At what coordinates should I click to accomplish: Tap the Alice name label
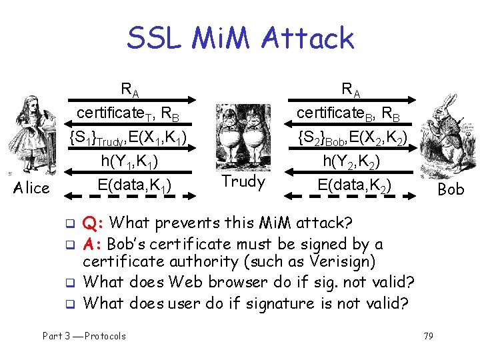pyautogui.click(x=33, y=188)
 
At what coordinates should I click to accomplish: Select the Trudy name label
pyautogui.click(x=243, y=181)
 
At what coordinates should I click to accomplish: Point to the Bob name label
pyautogui.click(x=451, y=189)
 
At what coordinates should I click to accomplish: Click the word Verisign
pyautogui.click(x=340, y=262)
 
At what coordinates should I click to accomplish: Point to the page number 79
pyautogui.click(x=427, y=336)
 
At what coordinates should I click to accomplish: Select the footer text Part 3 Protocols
pyautogui.click(x=84, y=336)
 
